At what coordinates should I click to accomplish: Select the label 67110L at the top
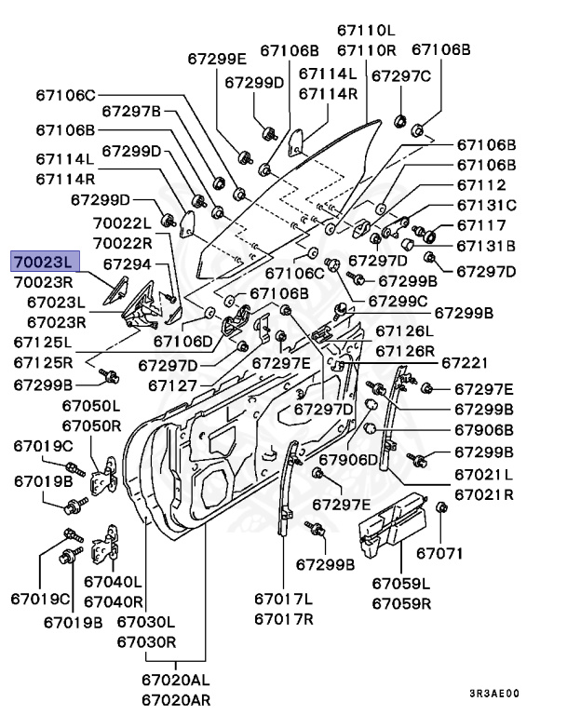[x=366, y=31]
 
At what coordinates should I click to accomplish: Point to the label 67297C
[x=401, y=76]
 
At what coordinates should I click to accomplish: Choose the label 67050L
[x=91, y=406]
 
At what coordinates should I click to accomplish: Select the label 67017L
[x=285, y=598]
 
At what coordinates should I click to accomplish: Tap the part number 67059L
[x=401, y=584]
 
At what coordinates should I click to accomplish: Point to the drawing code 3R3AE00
[x=493, y=694]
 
